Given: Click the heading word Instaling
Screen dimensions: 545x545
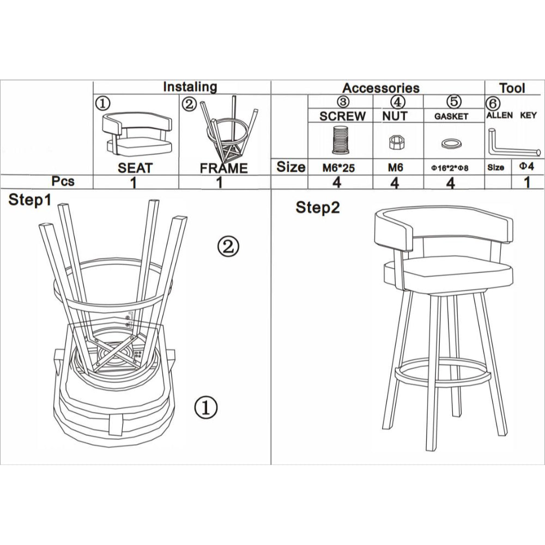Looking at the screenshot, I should (190, 87).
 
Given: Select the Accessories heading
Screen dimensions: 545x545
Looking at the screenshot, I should (380, 88).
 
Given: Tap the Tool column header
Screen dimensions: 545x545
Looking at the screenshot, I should (512, 88).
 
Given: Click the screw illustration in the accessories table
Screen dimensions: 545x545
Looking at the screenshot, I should (341, 139).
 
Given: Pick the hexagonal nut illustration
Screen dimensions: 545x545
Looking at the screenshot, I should (395, 143).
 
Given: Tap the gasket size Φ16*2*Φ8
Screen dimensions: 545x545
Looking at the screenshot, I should (450, 168).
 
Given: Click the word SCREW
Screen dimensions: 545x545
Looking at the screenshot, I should (342, 116).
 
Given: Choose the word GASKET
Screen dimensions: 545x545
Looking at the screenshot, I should (451, 117).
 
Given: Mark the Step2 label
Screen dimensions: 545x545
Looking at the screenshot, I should (318, 208).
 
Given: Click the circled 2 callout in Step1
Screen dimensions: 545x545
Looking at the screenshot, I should (228, 247).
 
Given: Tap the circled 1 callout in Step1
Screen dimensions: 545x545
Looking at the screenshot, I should (206, 406).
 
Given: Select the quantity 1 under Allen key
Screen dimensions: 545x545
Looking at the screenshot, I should (526, 182).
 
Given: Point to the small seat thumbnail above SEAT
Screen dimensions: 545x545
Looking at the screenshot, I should (138, 134).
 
